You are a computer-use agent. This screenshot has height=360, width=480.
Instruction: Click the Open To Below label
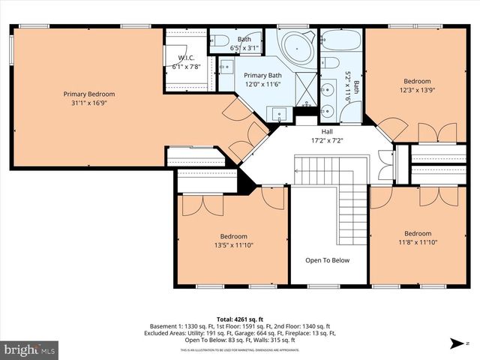[x=327, y=260]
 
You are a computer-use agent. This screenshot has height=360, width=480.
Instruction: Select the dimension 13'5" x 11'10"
[x=232, y=243]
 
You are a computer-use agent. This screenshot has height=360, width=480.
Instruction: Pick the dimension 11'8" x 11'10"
[x=417, y=242]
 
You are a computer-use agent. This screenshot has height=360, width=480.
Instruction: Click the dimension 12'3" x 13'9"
[x=417, y=90]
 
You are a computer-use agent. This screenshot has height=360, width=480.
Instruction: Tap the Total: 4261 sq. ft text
[x=240, y=319]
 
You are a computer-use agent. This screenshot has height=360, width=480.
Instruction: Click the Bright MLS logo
[x=30, y=349]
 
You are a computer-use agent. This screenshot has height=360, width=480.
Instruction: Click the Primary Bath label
[x=262, y=75]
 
